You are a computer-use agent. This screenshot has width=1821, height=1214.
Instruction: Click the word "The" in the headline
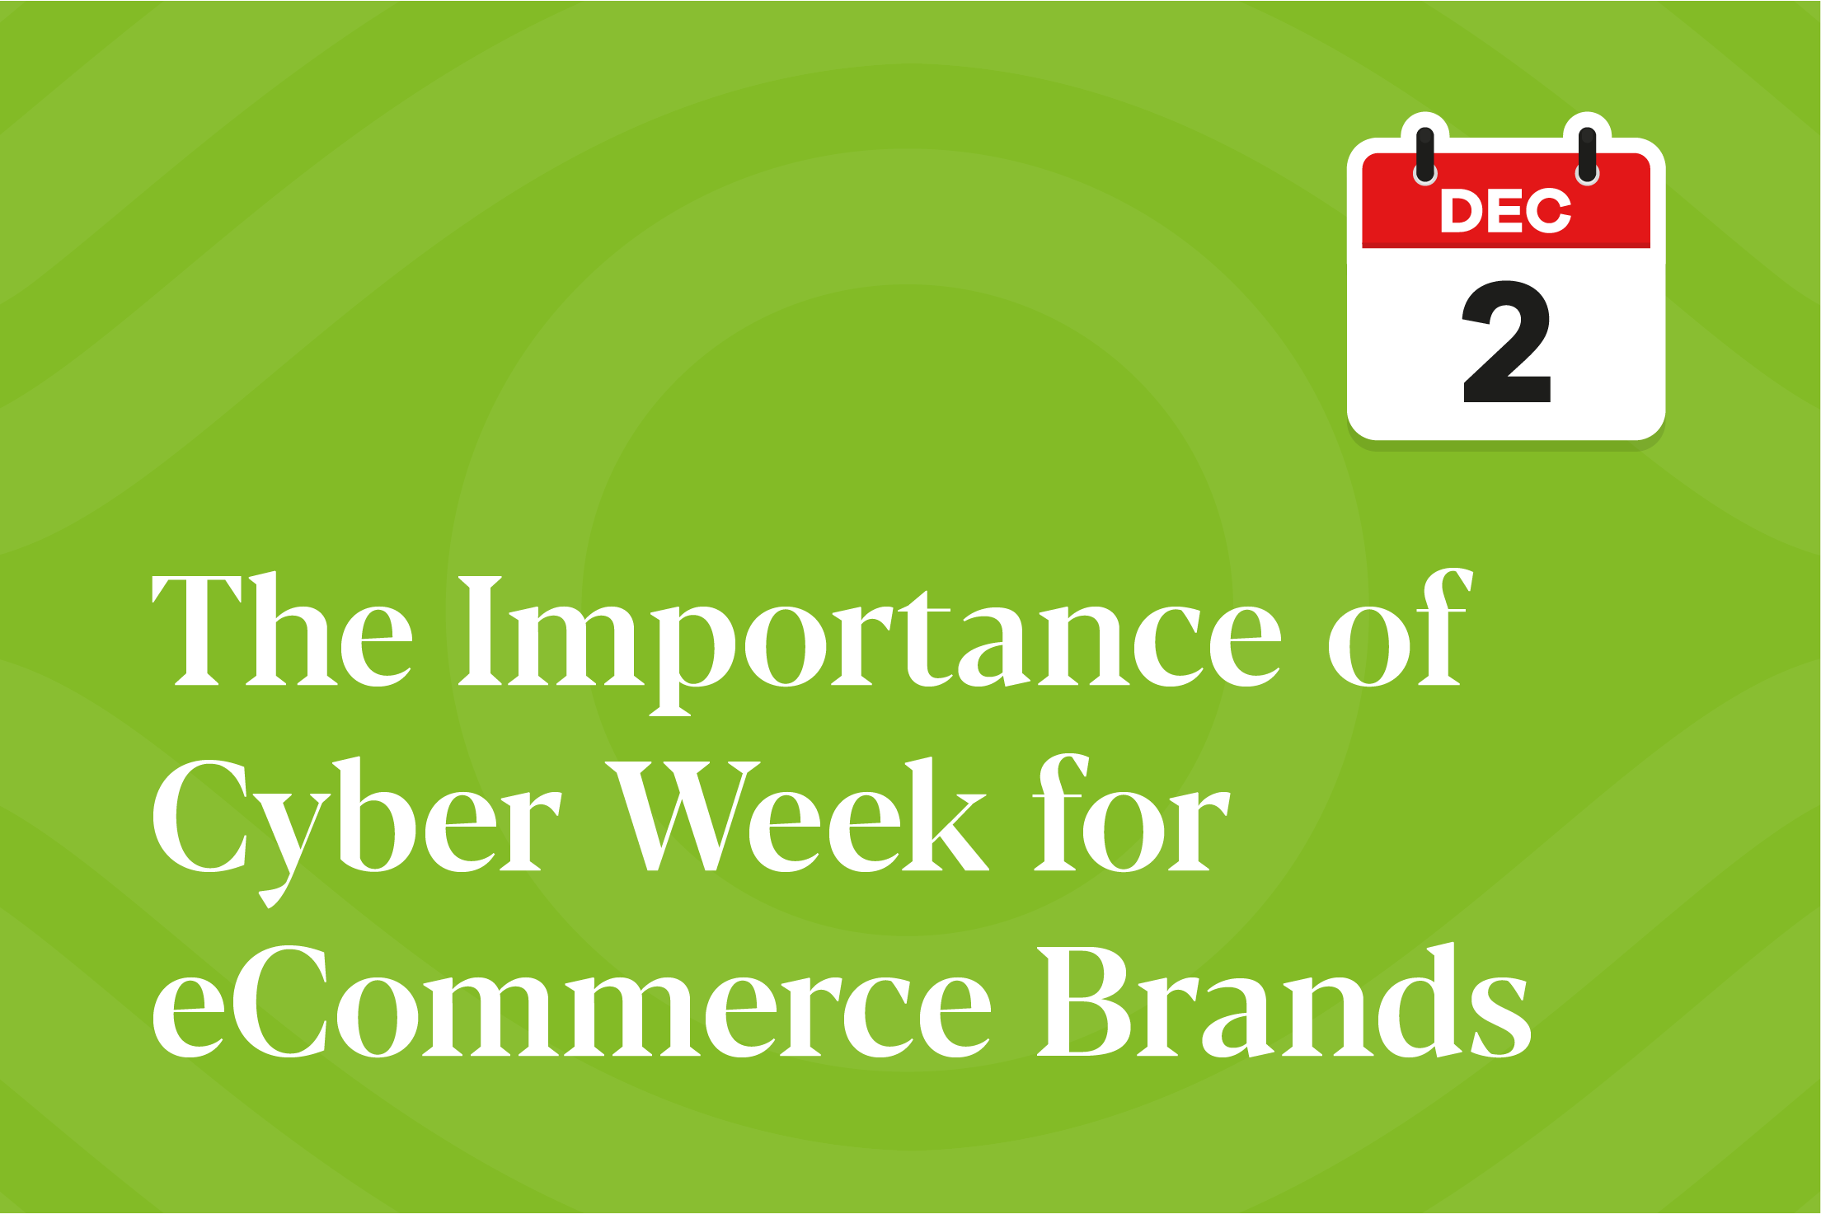(282, 629)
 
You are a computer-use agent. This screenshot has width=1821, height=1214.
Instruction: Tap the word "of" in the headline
(1399, 627)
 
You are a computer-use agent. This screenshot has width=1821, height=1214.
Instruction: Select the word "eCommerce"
(571, 1001)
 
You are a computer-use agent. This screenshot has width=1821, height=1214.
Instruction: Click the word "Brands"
(1284, 1000)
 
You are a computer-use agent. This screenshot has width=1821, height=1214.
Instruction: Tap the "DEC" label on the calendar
(1505, 211)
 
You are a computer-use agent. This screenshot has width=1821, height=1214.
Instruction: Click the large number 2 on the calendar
(1507, 341)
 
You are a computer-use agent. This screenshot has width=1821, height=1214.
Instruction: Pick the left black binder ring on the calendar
(1425, 155)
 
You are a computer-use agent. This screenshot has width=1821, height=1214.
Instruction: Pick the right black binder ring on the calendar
(1587, 155)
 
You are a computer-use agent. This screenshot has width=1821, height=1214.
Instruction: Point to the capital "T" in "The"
(198, 631)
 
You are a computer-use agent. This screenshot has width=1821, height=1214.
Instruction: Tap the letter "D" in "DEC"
(1460, 211)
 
